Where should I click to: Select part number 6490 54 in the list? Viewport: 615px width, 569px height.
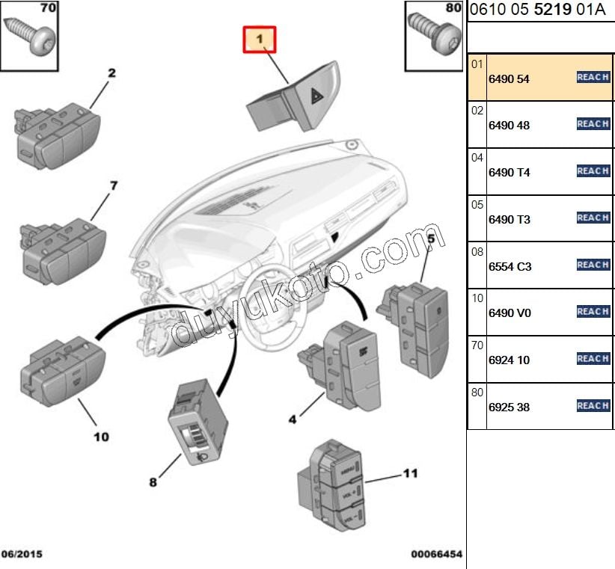coord(509,79)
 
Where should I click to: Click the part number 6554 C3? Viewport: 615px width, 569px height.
coord(510,266)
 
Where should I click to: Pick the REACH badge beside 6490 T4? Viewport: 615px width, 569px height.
coord(593,171)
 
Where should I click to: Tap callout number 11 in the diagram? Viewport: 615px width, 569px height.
coord(411,473)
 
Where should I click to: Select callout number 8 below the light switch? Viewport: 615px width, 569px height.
coord(153,482)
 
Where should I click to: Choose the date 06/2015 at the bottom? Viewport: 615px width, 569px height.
coord(22,554)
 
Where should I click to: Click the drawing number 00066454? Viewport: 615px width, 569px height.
coord(436,554)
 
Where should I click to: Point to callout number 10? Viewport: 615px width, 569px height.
coord(101,436)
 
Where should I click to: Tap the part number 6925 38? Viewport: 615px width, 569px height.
coord(509,407)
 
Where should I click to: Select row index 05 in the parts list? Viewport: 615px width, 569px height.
coord(477,203)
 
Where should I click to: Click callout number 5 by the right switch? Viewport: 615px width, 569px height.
coord(431,238)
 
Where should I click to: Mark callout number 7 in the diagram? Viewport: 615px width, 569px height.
coord(114,185)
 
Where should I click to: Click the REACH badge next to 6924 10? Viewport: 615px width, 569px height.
coord(593,359)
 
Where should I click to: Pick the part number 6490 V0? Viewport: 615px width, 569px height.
coord(510,313)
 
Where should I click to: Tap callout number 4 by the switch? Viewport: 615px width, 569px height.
coord(293,420)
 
